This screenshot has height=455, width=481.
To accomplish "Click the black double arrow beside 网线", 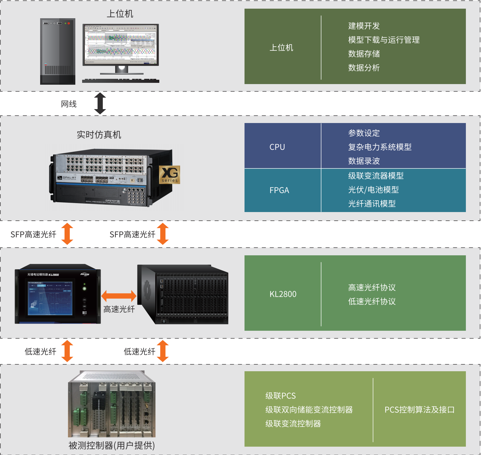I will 100,104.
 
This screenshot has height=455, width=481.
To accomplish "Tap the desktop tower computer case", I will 58,51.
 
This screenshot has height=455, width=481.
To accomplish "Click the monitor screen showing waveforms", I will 121,45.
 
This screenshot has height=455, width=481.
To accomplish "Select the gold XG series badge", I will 169,175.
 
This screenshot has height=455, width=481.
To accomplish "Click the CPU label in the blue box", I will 277,147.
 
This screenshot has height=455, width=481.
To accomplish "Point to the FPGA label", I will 279,190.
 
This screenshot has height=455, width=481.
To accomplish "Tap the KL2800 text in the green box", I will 283,294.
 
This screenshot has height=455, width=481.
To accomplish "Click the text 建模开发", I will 364,26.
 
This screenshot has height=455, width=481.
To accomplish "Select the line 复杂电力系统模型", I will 380,147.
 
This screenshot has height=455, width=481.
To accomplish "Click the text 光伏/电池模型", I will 373,190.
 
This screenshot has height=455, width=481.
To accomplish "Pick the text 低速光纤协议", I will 372,301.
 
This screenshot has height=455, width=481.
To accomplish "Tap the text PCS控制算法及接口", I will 419,410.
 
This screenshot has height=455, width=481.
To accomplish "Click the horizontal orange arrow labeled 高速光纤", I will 119,296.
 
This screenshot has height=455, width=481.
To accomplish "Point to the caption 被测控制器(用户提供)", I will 111,445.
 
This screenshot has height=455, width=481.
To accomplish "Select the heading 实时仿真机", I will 99,135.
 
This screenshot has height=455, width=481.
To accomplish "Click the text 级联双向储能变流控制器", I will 309,410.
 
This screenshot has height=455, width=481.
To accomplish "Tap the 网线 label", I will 69,104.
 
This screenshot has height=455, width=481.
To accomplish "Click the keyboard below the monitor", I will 121,81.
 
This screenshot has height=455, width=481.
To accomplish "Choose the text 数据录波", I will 364,161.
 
